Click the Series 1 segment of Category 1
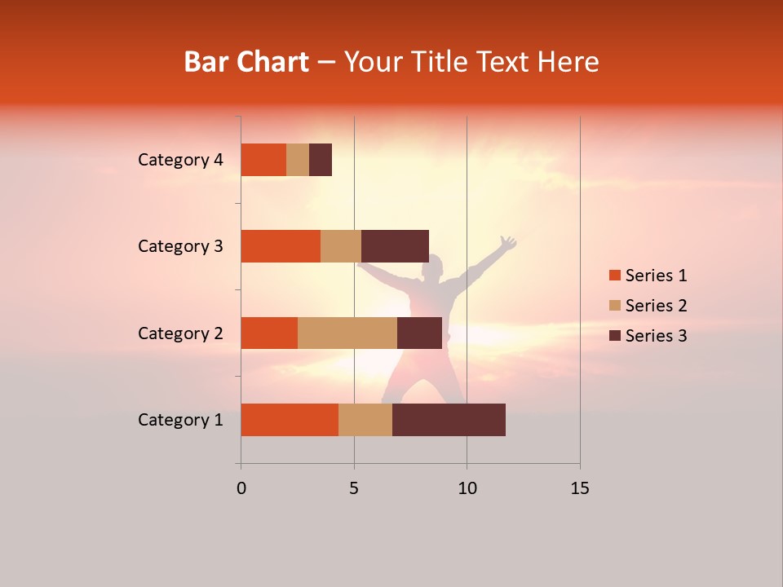(290, 420)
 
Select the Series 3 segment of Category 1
(449, 420)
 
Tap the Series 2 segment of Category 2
(347, 333)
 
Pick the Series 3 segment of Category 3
(395, 246)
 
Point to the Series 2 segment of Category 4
(298, 160)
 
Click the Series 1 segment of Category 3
(281, 246)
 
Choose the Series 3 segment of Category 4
(321, 160)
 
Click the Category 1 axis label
(180, 420)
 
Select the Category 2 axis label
(180, 333)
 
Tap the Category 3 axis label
(180, 246)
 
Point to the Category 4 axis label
(180, 160)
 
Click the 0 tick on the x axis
(241, 488)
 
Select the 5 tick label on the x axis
(354, 488)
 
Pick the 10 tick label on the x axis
(467, 488)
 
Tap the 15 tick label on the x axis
(580, 488)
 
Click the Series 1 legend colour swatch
(614, 276)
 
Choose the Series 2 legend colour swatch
(614, 306)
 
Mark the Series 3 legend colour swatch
(614, 336)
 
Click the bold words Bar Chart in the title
(246, 62)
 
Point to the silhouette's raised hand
(508, 242)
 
